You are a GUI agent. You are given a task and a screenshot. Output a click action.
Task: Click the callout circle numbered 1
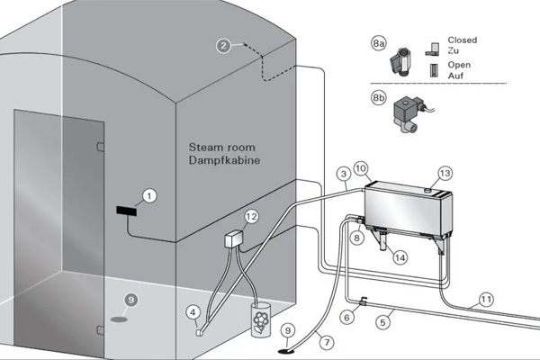point(149,194)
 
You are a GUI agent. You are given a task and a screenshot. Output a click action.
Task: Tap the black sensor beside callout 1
point(126,211)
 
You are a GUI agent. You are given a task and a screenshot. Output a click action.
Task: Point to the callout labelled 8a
point(379,41)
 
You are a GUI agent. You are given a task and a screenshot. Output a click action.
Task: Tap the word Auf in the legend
point(458,76)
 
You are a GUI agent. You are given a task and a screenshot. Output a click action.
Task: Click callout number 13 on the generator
point(444,173)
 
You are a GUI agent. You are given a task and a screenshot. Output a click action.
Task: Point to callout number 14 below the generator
point(400,256)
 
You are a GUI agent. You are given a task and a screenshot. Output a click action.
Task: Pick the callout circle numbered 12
point(252,217)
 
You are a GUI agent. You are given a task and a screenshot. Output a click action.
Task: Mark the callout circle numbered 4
point(192,312)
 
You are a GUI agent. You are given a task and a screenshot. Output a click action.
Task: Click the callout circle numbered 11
point(486,299)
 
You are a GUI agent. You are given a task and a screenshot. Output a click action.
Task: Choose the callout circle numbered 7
point(326,342)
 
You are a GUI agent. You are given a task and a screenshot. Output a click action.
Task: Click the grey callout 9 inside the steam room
point(130,300)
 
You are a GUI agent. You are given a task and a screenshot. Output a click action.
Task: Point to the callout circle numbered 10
point(360,168)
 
